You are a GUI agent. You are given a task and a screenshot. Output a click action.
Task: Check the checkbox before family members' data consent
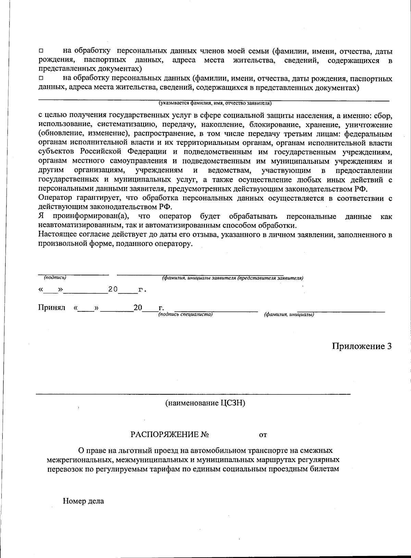click(x=41, y=51)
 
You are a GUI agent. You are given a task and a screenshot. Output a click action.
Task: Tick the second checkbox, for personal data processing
click(x=41, y=79)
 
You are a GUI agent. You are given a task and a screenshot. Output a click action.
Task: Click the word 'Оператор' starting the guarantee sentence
click(x=55, y=198)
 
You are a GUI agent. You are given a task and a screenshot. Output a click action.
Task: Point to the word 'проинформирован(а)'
click(x=90, y=216)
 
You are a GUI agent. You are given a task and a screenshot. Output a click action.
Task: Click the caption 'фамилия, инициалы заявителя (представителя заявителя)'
click(x=232, y=278)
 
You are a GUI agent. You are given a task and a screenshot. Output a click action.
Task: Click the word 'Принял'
click(x=51, y=307)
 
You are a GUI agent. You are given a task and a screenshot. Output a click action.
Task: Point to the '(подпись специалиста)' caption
click(x=185, y=314)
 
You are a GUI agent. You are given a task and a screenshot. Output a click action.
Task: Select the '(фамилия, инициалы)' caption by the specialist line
click(x=289, y=314)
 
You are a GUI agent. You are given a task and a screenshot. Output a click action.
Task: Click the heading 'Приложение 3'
click(x=362, y=346)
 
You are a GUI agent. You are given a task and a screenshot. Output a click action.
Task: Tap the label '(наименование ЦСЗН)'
click(x=205, y=403)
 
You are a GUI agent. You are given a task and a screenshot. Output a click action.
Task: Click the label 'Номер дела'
click(x=83, y=501)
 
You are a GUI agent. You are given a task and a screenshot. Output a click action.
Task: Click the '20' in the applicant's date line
click(x=113, y=289)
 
